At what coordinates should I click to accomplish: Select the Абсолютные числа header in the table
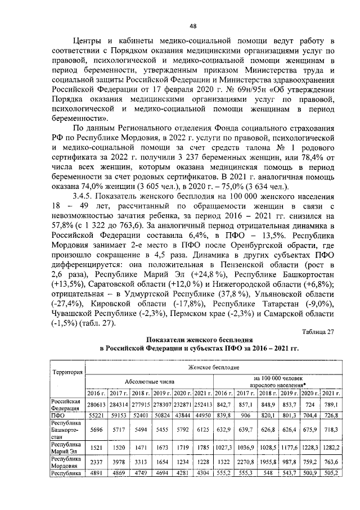(150, 380)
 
